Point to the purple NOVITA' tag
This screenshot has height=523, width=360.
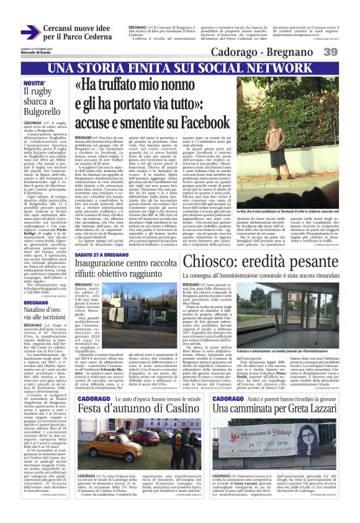point(34,83)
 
